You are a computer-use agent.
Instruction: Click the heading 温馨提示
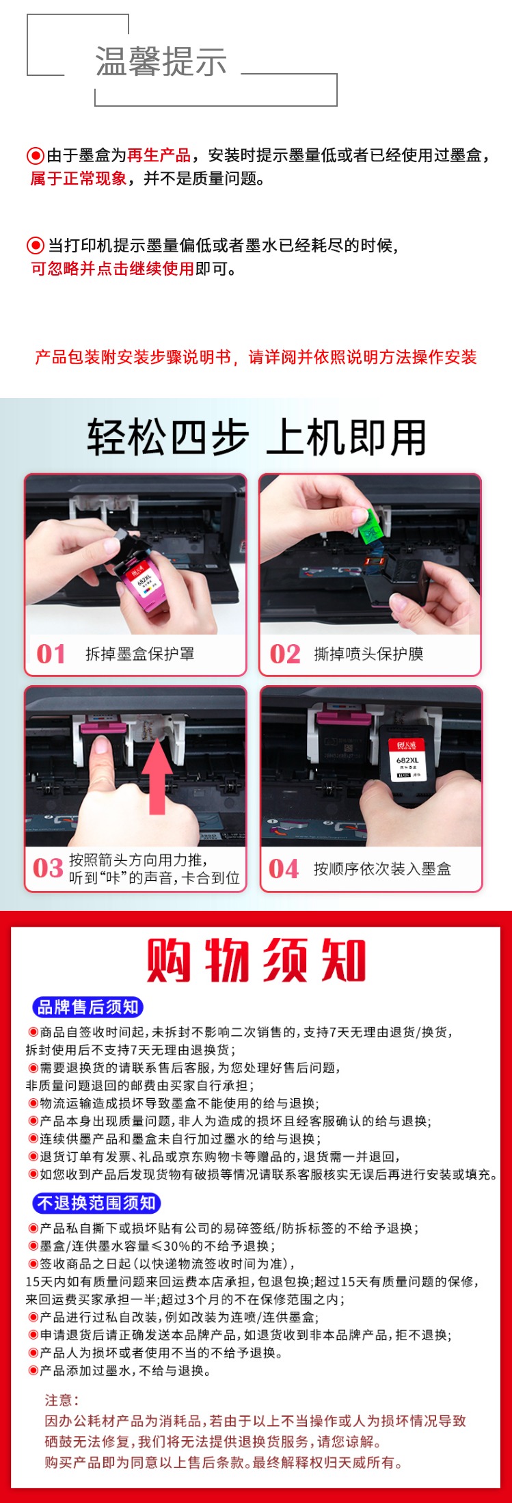coord(161,62)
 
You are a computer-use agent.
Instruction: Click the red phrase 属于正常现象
coord(79,178)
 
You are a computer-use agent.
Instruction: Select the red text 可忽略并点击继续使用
coord(113,268)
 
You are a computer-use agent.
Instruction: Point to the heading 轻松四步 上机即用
coord(256,437)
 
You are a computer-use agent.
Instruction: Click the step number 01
coord(51,654)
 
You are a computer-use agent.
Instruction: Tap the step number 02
coord(285,654)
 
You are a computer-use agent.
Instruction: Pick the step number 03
coord(48,868)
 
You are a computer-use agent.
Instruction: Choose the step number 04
coord(284,868)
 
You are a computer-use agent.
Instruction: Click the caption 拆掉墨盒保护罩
coord(139,654)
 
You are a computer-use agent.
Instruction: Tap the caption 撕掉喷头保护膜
coord(368,654)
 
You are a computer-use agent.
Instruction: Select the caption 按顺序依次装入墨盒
coord(382,868)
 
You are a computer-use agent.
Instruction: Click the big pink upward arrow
coord(157,777)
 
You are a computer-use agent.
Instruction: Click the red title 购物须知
coord(256,960)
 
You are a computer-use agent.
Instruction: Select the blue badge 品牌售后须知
coord(87,1007)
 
